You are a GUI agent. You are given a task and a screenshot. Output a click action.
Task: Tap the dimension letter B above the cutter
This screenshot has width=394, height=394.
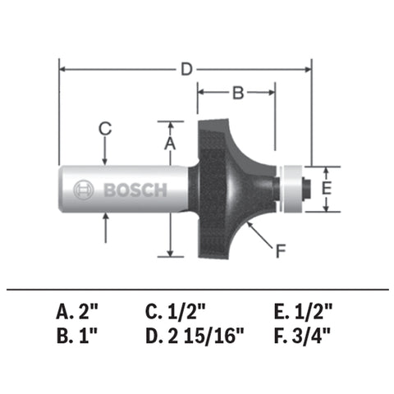236,93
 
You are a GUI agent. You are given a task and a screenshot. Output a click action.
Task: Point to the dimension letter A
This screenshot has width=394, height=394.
171,142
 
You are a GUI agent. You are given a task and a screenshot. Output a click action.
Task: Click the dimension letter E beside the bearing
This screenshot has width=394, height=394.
326,188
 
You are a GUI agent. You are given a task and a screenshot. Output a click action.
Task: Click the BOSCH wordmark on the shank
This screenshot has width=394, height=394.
135,190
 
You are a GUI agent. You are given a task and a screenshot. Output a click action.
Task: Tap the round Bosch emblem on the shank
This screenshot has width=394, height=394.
84,190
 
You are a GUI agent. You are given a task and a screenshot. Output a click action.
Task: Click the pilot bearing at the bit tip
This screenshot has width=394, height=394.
293,187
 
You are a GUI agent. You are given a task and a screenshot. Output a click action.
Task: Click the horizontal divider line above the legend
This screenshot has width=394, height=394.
197,289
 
